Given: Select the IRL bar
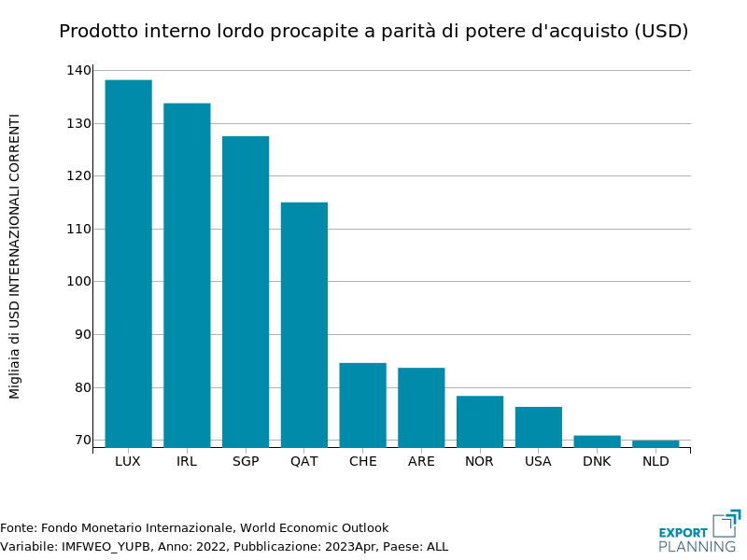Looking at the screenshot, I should coord(187,275).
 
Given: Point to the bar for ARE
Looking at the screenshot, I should coord(421,407).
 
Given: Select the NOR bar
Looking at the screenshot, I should coord(480,421).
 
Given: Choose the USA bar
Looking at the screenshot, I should coord(539,427).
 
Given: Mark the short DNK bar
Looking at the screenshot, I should coord(597,441).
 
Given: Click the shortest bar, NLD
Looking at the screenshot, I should coord(655,443).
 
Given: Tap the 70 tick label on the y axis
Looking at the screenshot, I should coord(82,441).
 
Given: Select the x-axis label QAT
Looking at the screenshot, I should coord(304,461).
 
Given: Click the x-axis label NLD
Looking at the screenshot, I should coord(655,461).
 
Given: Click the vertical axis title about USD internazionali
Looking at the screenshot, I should coord(15,257).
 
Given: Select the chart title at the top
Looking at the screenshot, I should coord(373,32).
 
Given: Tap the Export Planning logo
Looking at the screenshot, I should coord(699,531).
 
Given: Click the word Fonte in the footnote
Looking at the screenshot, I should coord(18,528).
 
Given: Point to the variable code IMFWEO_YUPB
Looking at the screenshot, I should coord(103,546).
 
